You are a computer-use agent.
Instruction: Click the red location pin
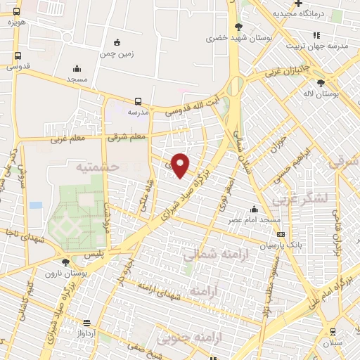point(181,165)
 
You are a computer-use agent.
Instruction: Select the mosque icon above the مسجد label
point(76,68)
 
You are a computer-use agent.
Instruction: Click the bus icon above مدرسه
point(138,101)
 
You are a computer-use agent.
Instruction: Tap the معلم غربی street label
point(67,139)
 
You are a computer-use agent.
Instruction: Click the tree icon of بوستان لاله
point(321,82)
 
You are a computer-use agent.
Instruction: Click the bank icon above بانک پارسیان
point(281,235)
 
